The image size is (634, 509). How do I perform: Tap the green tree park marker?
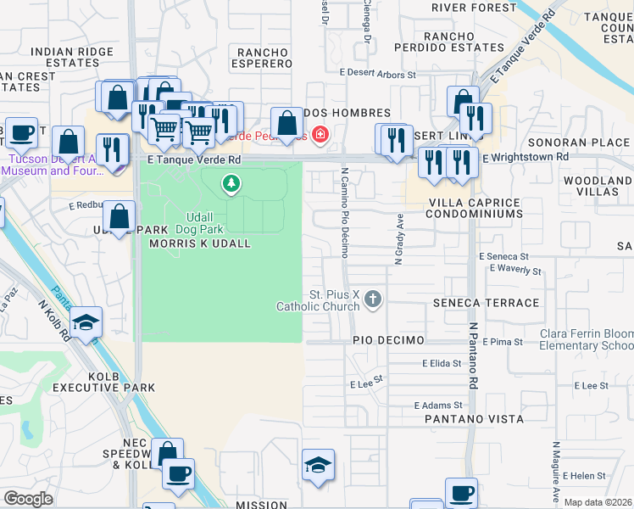[230, 183]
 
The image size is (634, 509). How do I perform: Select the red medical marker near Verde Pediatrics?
[320, 134]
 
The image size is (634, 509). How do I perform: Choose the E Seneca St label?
[503, 256]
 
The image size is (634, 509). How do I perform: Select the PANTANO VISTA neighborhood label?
[475, 419]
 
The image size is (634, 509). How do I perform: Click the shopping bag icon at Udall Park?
[120, 215]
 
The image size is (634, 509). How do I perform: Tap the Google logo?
[28, 498]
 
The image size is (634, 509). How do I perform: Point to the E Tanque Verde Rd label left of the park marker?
[193, 159]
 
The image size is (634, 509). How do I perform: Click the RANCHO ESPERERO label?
[263, 59]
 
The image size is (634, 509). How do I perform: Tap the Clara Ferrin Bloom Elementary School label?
[582, 339]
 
